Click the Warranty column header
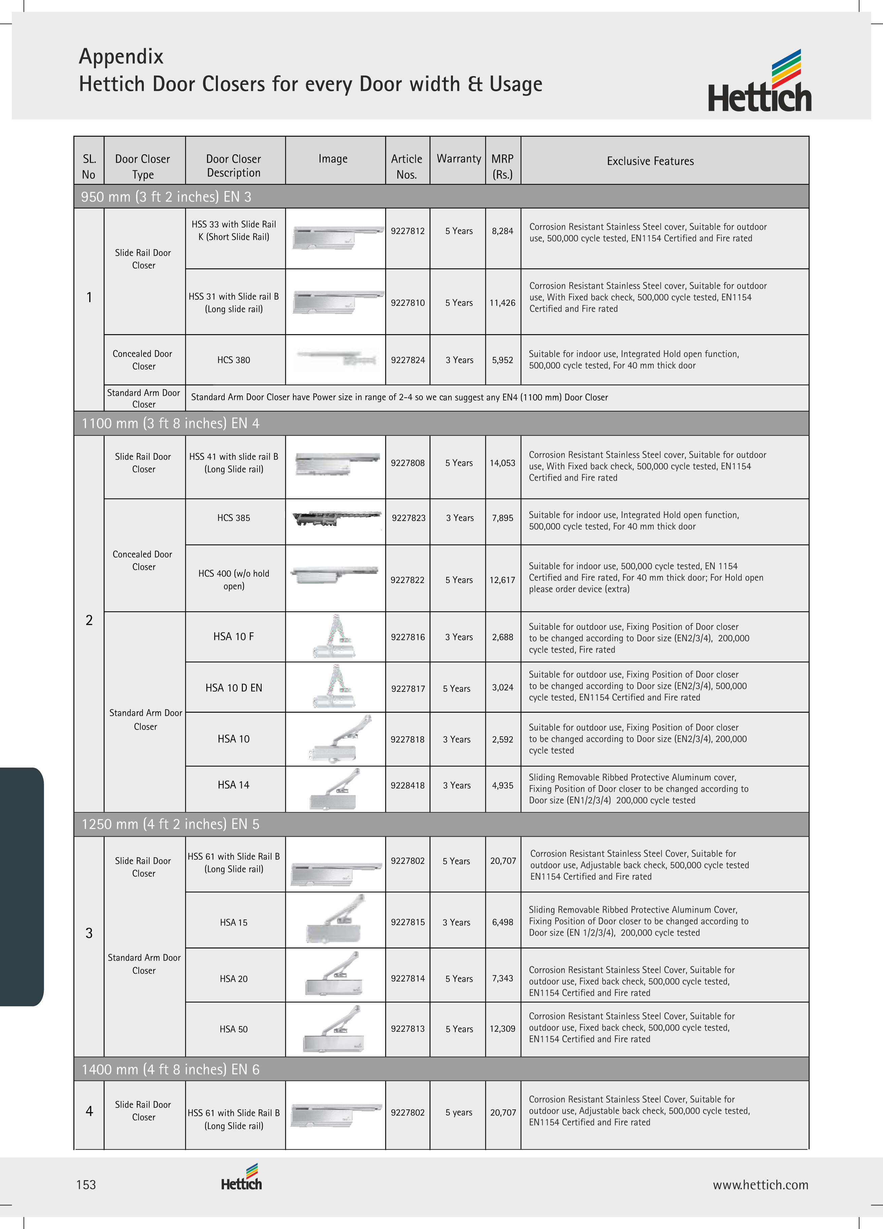(458, 159)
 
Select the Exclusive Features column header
(650, 161)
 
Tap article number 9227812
(407, 231)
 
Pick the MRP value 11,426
(502, 303)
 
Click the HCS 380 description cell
(233, 360)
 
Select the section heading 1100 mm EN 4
(170, 423)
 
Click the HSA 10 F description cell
(233, 637)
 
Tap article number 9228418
(407, 785)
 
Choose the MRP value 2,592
(502, 739)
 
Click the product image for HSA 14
(336, 789)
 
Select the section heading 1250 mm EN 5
(170, 824)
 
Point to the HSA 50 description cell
(233, 1029)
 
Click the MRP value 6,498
(502, 922)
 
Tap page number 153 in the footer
(86, 1185)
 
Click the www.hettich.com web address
(760, 1185)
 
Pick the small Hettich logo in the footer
(241, 1177)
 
